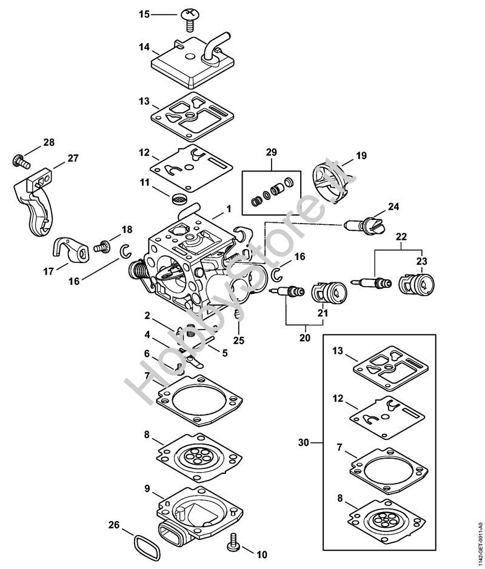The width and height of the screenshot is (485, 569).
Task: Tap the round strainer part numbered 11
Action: coord(179,198)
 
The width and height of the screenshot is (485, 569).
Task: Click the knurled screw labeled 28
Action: coord(21,161)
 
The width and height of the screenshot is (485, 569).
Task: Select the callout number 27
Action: coord(73,159)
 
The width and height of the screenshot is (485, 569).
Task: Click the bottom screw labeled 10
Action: coord(232,541)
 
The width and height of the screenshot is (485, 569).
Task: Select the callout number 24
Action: coord(393,207)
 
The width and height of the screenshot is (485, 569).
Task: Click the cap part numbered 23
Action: coord(417,283)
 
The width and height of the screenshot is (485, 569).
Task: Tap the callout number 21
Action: coord(323,313)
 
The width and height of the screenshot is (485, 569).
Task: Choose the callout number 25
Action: coord(239,341)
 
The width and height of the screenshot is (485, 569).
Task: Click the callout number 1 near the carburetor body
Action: coord(229,208)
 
